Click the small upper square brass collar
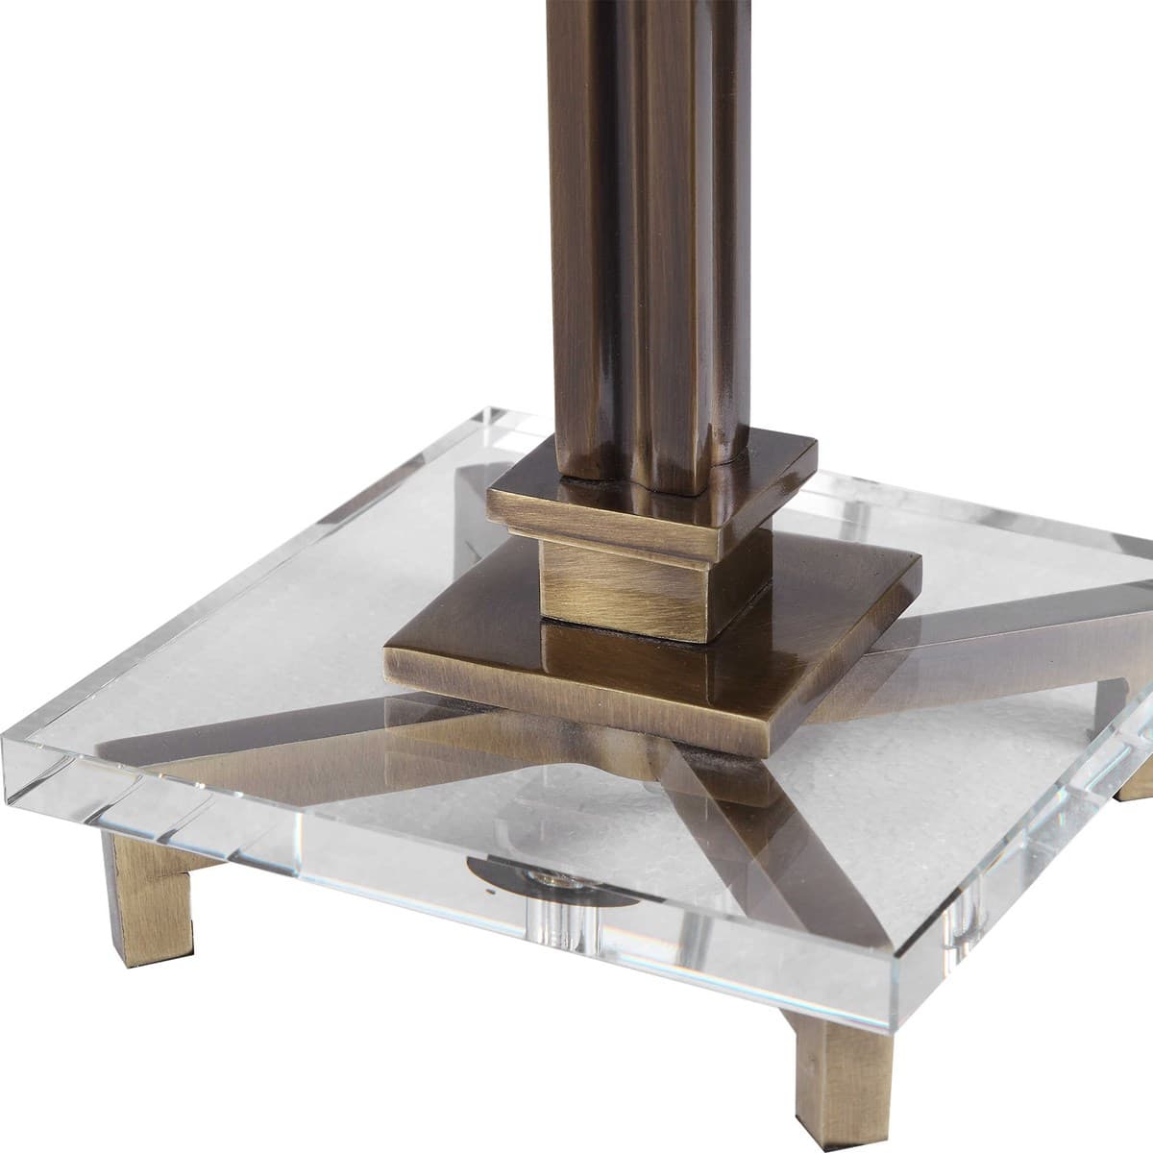653,500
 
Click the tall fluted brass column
634,240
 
